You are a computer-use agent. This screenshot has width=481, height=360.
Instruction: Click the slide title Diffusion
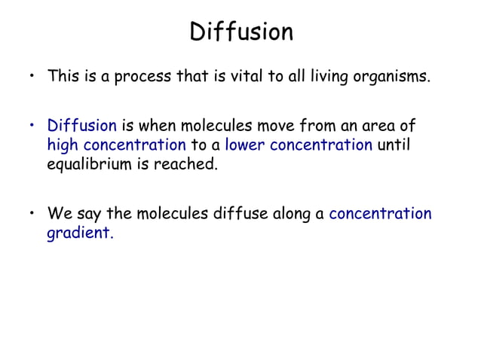(x=240, y=32)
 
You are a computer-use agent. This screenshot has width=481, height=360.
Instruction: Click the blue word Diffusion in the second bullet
(x=81, y=125)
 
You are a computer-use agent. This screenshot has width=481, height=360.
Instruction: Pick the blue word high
(x=61, y=145)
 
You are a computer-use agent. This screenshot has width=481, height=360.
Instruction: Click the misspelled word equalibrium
(x=89, y=164)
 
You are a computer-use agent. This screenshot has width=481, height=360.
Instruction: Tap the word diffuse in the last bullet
(x=253, y=214)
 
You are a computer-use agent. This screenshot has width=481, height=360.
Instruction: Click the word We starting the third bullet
(x=59, y=214)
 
